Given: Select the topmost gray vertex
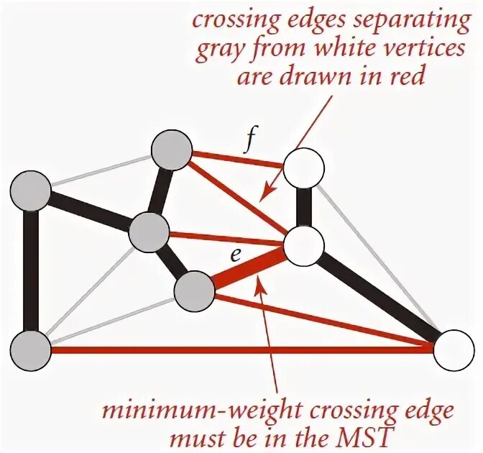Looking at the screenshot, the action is pyautogui.click(x=172, y=151).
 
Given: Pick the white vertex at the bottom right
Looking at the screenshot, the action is pyautogui.click(x=454, y=350).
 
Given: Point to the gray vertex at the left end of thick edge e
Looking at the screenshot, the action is pyautogui.click(x=195, y=290).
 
